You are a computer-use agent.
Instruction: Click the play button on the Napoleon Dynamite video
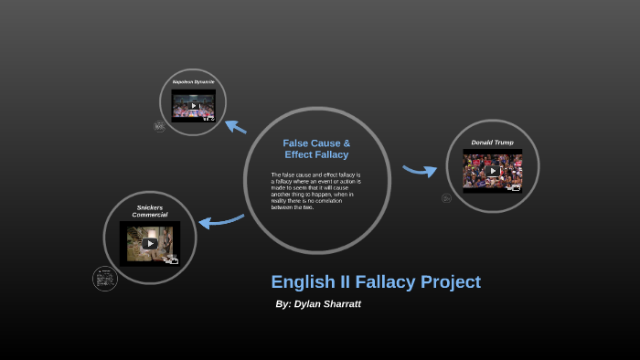(194, 106)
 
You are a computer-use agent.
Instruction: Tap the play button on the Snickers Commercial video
(150, 243)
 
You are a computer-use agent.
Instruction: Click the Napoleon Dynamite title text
(193, 82)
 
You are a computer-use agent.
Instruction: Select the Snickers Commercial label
(150, 211)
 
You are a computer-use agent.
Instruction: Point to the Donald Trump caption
(492, 143)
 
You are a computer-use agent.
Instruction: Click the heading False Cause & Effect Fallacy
(316, 149)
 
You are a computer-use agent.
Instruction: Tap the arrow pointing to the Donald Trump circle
(420, 170)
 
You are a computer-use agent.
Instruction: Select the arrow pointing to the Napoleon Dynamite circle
(236, 127)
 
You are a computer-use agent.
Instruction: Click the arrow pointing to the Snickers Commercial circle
(220, 220)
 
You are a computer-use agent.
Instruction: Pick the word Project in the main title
(448, 282)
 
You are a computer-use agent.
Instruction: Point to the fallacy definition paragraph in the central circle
(316, 191)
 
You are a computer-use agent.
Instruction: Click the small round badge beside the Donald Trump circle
(446, 198)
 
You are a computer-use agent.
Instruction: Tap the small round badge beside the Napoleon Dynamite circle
(160, 127)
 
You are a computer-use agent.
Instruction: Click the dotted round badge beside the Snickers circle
(105, 279)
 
